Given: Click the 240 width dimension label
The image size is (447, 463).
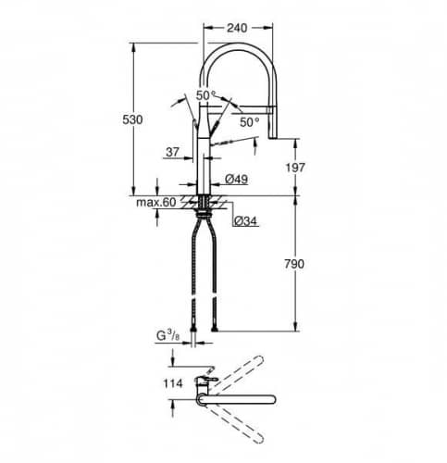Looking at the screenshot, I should point(236,29).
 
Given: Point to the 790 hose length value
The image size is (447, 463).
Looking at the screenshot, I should point(293,264).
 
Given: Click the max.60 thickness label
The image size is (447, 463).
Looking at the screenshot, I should point(156,201).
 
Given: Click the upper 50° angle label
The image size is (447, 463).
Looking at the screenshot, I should point(205,94).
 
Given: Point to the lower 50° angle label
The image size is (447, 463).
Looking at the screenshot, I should point(250,121).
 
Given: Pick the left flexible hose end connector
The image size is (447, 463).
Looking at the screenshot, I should point(192,325).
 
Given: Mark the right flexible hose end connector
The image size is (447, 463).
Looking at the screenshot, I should point(217,325).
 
